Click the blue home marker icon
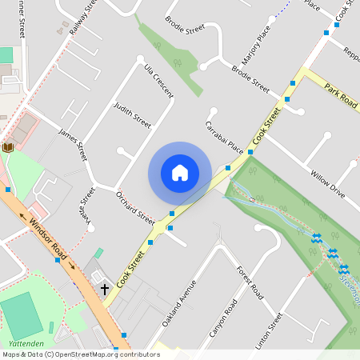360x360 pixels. (180, 173)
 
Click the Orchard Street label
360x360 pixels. (135, 206)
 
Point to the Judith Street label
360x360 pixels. (132, 116)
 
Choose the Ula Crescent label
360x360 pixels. (158, 82)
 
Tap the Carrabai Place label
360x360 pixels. (224, 137)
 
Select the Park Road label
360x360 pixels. (341, 95)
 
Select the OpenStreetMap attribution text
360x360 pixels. (81, 354)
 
